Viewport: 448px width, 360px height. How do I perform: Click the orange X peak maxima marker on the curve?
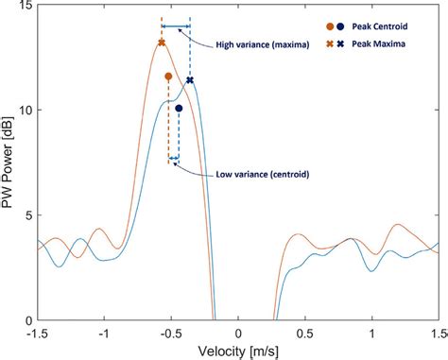(x=162, y=43)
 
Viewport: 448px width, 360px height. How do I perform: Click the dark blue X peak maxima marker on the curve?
(x=190, y=80)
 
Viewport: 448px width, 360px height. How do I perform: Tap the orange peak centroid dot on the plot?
(x=168, y=77)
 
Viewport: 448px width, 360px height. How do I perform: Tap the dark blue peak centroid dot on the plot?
(x=179, y=109)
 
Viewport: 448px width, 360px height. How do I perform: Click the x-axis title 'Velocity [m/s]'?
(x=238, y=351)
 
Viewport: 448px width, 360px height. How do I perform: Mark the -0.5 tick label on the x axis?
(x=170, y=333)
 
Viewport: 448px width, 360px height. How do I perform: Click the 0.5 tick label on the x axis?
(x=305, y=333)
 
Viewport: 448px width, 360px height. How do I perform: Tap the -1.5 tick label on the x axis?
(x=38, y=333)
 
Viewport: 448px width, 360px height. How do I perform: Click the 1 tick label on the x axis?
(x=372, y=333)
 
